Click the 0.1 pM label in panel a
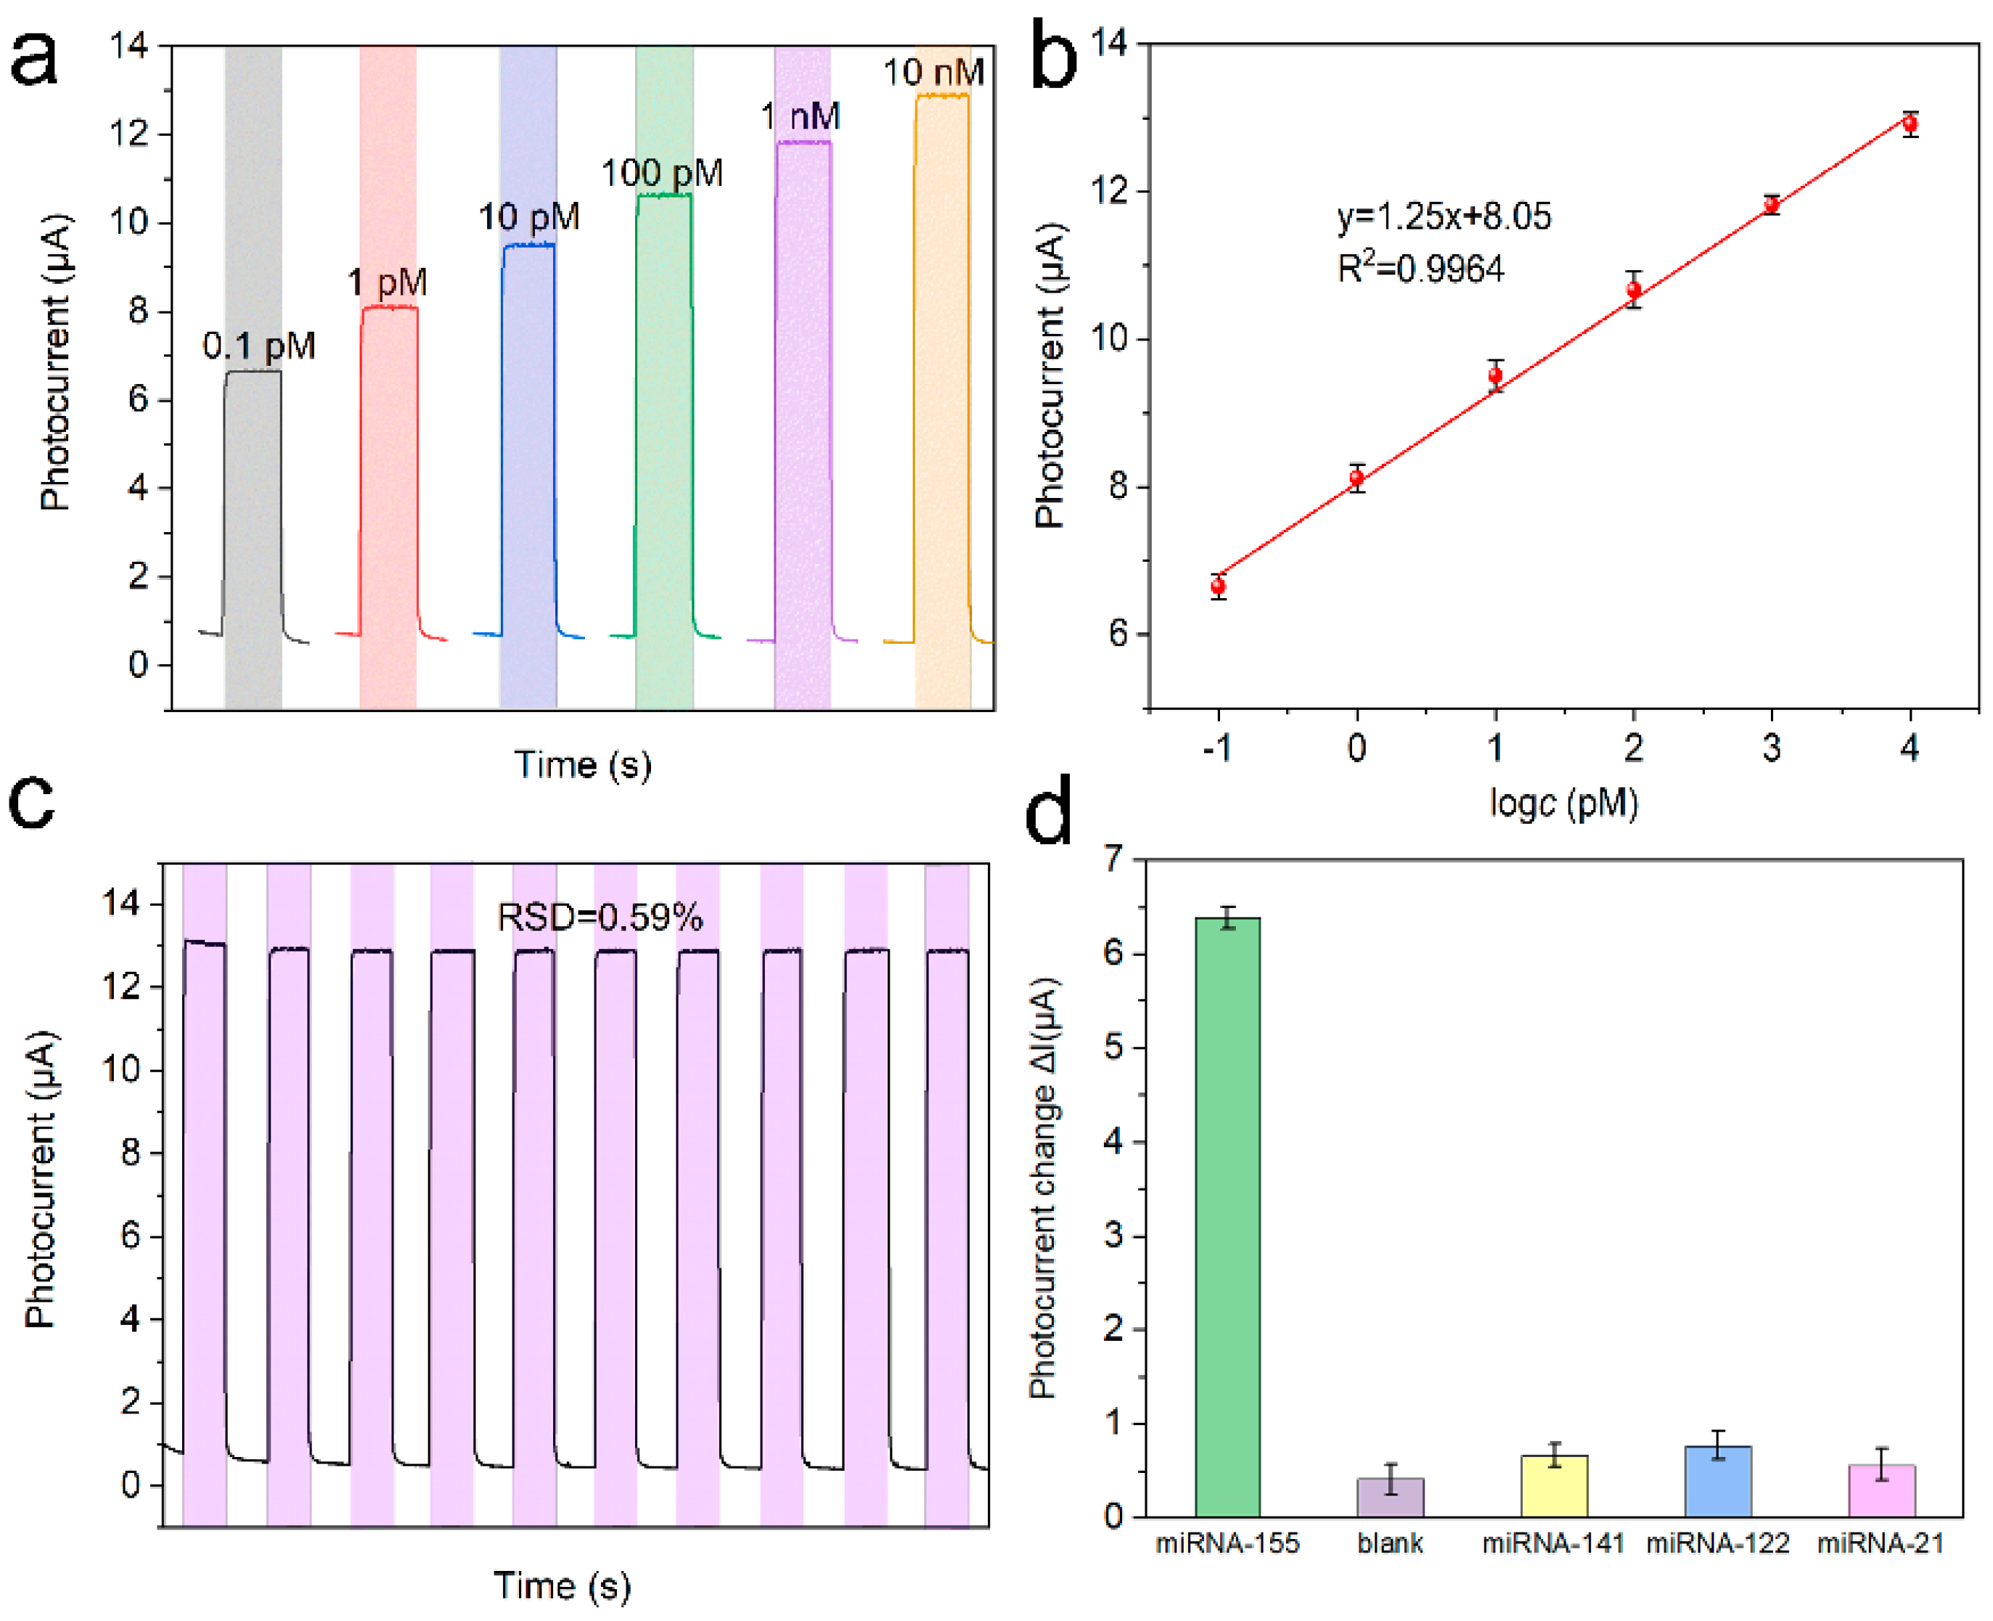pos(258,346)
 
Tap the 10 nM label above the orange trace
pos(933,73)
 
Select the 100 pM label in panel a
pos(661,173)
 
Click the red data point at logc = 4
pos(1910,123)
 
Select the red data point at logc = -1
pos(1218,587)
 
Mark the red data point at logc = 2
pos(1634,290)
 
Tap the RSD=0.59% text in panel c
pos(599,917)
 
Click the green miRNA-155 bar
pos(1227,1214)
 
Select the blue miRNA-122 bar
pos(1718,1480)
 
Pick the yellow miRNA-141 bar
pos(1554,1485)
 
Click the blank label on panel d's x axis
pos(1390,1543)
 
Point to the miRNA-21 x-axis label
pos(1880,1543)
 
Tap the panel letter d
pos(1047,814)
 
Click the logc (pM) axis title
pos(1563,802)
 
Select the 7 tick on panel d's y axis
pos(1113,858)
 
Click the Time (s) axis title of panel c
pos(562,1585)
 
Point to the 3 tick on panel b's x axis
pos(1772,747)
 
